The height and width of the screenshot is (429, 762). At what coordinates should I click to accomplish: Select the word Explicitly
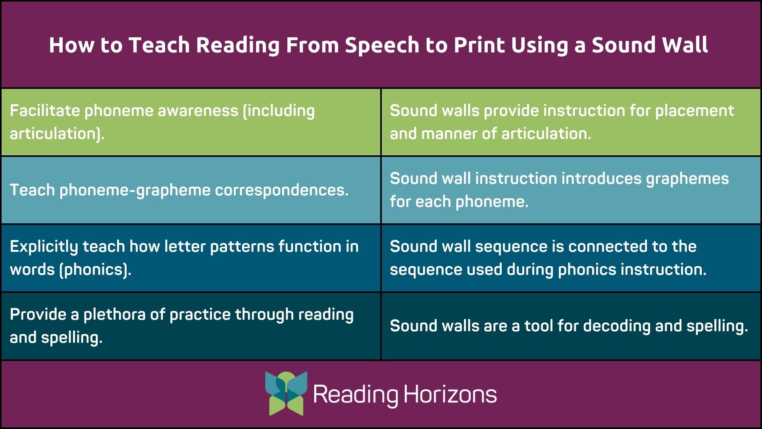(44, 247)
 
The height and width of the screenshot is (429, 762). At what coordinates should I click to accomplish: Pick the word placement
(694, 111)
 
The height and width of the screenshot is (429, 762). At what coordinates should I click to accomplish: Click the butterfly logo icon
(286, 393)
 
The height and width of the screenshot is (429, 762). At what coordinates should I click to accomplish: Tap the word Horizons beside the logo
(450, 394)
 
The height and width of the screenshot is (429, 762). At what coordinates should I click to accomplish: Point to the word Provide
(38, 315)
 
